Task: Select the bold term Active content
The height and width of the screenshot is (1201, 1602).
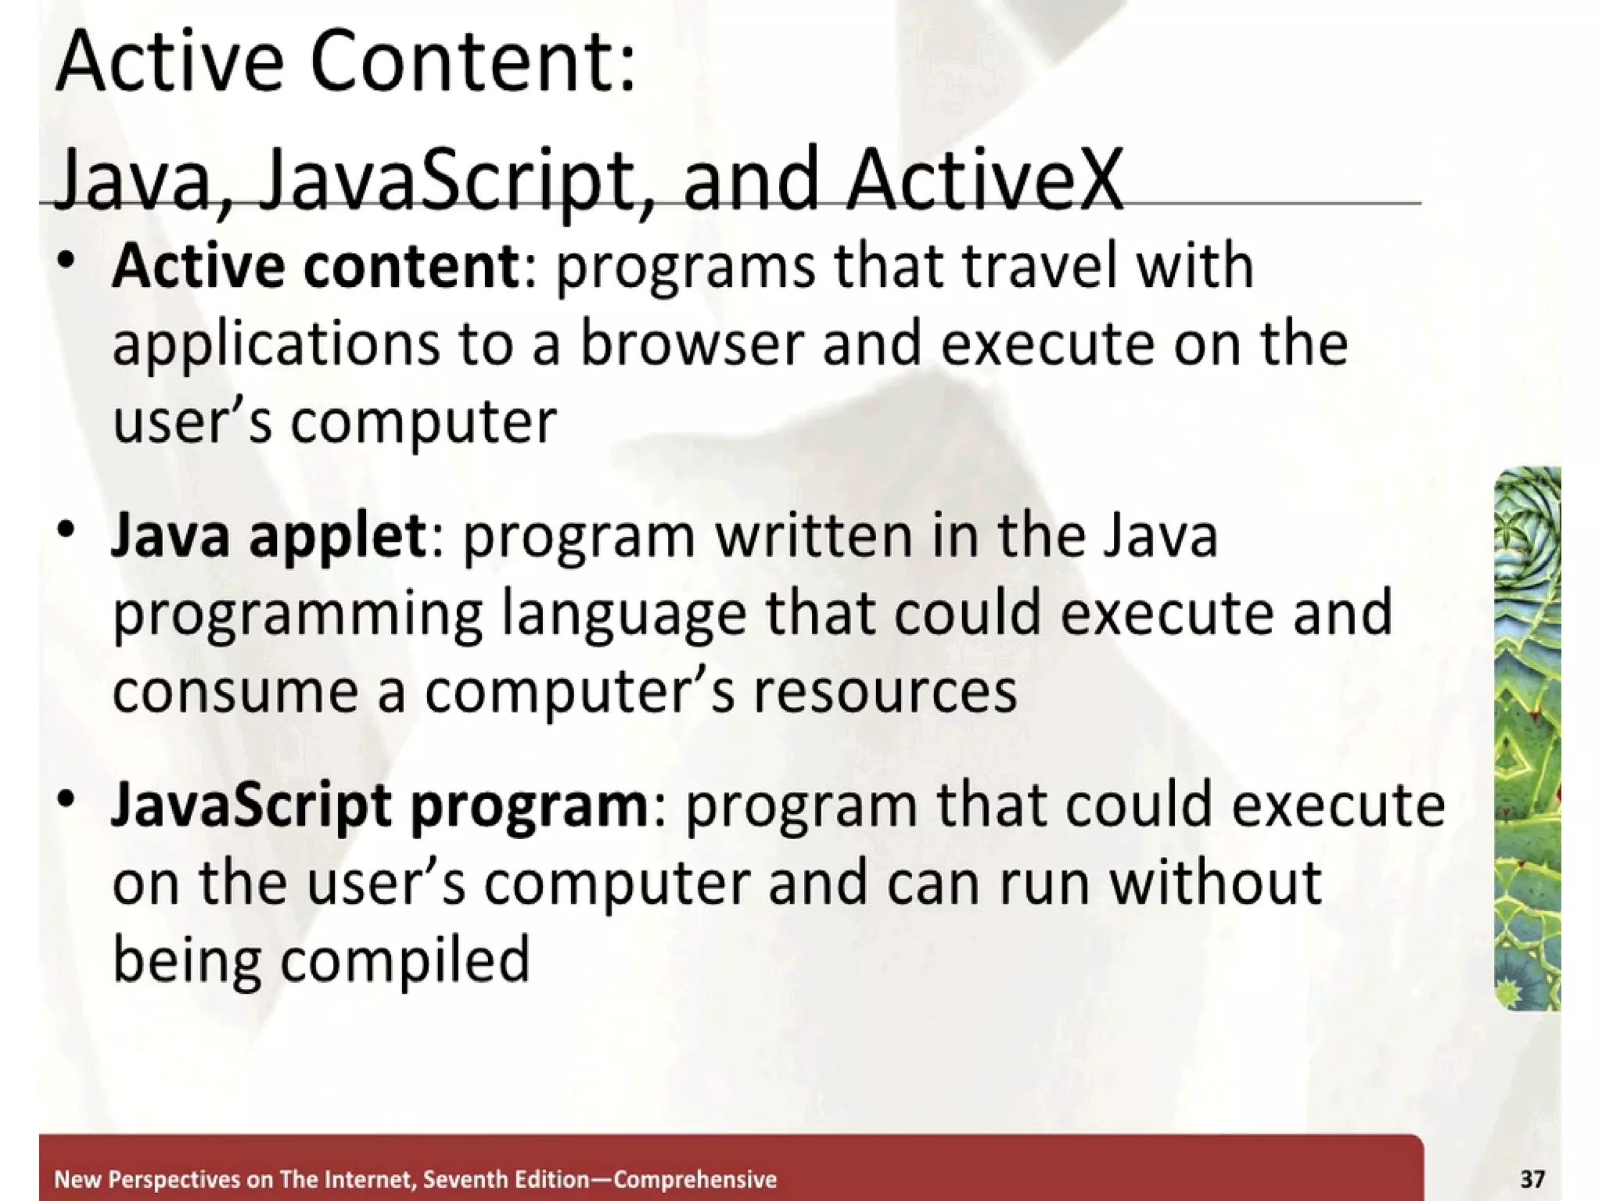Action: point(316,267)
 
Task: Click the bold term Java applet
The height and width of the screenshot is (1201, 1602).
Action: point(268,537)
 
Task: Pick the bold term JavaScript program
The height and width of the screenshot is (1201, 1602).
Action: point(379,806)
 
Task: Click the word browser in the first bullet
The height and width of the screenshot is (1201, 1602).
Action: point(691,344)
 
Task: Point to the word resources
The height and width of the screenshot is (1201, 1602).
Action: point(885,691)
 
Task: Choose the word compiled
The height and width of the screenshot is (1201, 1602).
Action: point(405,961)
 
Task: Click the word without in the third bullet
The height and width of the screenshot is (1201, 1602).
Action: point(1216,883)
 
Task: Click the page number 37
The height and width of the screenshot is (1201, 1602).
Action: point(1532,1178)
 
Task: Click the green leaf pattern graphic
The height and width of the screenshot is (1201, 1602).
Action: point(1527,738)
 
